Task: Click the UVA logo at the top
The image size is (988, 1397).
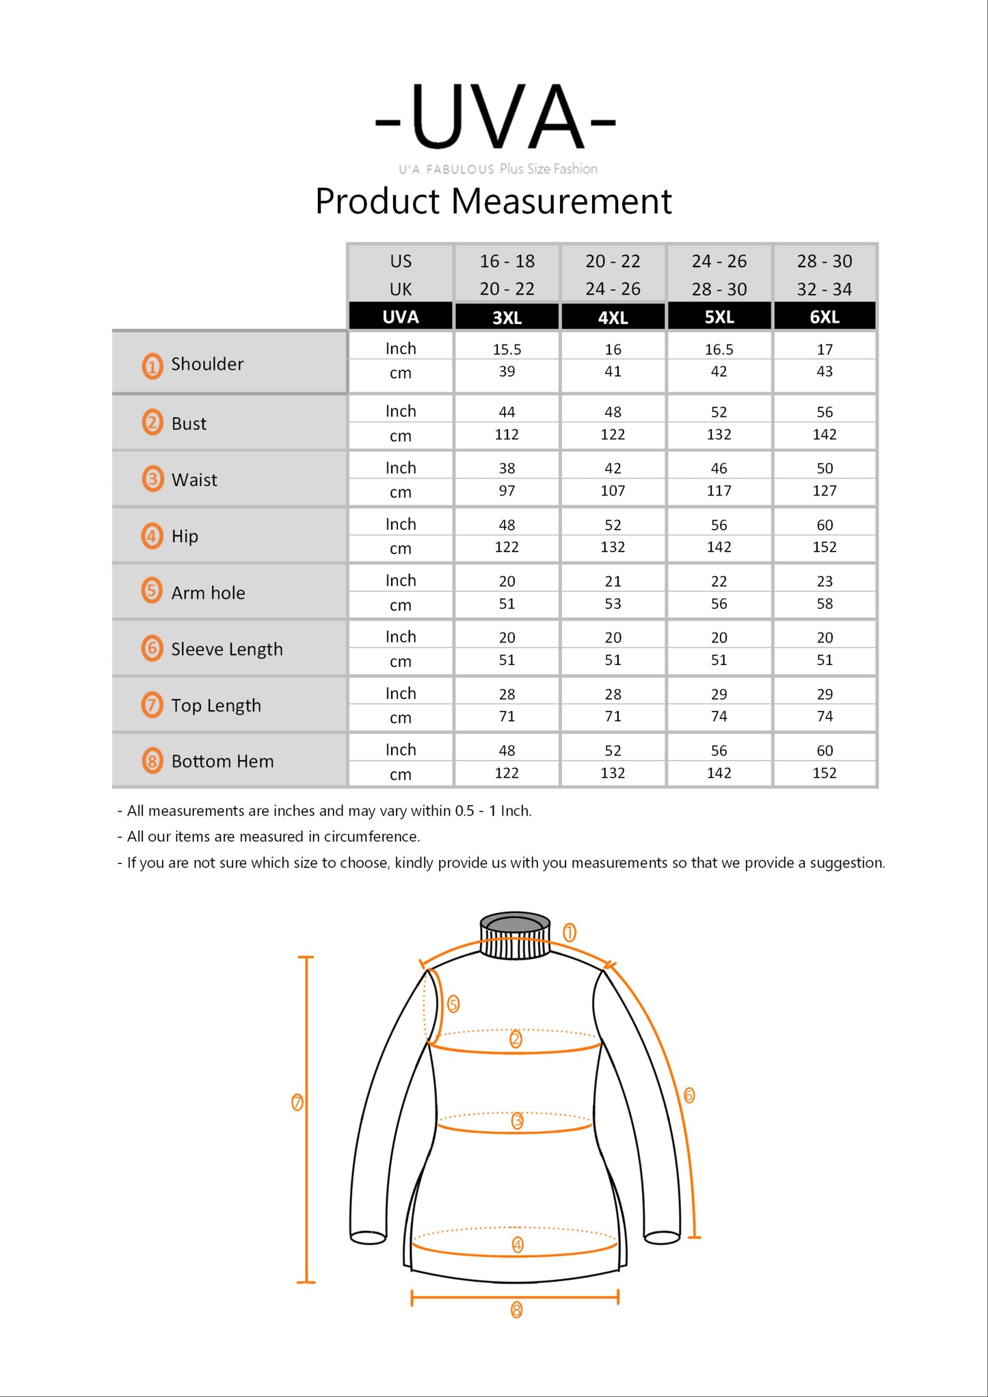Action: (x=496, y=118)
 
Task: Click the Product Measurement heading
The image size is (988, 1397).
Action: (x=493, y=202)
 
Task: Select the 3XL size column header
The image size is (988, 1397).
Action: (x=507, y=317)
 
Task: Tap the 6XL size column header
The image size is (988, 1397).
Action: (x=825, y=317)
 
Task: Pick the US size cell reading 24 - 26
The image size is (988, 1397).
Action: (x=719, y=261)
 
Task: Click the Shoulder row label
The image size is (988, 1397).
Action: (x=207, y=364)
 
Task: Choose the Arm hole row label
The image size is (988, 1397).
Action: (x=208, y=593)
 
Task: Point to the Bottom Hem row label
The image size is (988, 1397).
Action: (x=222, y=761)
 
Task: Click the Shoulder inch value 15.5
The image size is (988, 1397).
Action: (x=507, y=349)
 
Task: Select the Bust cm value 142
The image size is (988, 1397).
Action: (x=825, y=435)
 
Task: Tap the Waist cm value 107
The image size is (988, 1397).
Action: (x=613, y=491)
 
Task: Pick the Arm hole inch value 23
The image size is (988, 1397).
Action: (x=825, y=581)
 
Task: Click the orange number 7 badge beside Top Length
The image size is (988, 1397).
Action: (x=152, y=705)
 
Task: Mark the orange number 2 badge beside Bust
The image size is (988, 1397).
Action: (x=152, y=422)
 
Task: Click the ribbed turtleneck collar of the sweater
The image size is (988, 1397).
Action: (x=515, y=936)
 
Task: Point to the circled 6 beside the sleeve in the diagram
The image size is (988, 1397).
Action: (x=689, y=1096)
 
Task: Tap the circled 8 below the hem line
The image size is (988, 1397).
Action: (x=516, y=1310)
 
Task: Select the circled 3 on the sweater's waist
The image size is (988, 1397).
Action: (x=517, y=1121)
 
